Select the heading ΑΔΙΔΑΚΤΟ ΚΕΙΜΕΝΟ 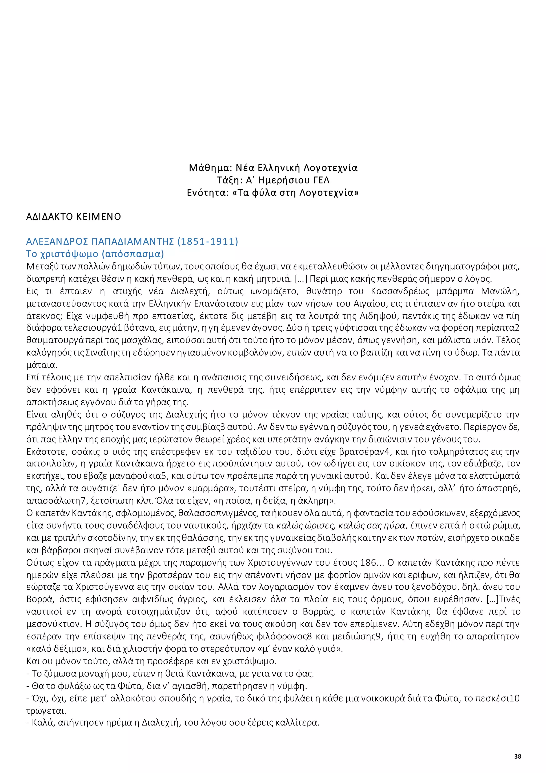click(73, 217)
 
